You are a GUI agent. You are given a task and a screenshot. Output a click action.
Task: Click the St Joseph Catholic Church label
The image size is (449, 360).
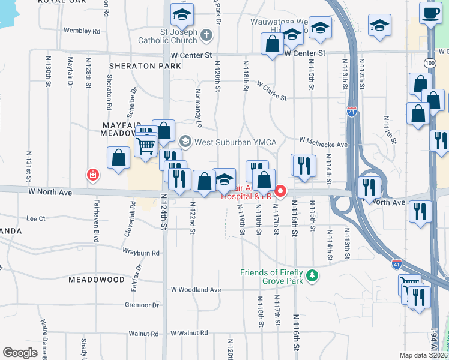[175, 36]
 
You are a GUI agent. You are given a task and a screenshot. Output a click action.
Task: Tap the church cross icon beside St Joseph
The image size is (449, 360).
[207, 34]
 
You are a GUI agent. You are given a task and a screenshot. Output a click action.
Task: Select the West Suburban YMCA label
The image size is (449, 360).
[235, 142]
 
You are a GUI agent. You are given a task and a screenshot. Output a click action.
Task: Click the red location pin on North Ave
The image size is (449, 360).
[280, 191]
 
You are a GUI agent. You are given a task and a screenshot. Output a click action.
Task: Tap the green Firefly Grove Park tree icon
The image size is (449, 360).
[312, 275]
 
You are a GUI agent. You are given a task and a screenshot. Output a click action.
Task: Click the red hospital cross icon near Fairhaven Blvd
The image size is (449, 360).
[93, 175]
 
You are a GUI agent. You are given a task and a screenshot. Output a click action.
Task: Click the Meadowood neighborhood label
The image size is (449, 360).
[97, 280]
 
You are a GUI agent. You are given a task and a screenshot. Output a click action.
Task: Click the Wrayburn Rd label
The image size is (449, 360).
[139, 253]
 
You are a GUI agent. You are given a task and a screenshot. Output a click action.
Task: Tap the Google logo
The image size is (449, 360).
[20, 352]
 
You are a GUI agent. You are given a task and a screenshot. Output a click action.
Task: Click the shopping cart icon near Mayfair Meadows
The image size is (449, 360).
[146, 145]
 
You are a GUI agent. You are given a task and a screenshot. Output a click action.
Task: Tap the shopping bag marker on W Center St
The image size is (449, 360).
[273, 44]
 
